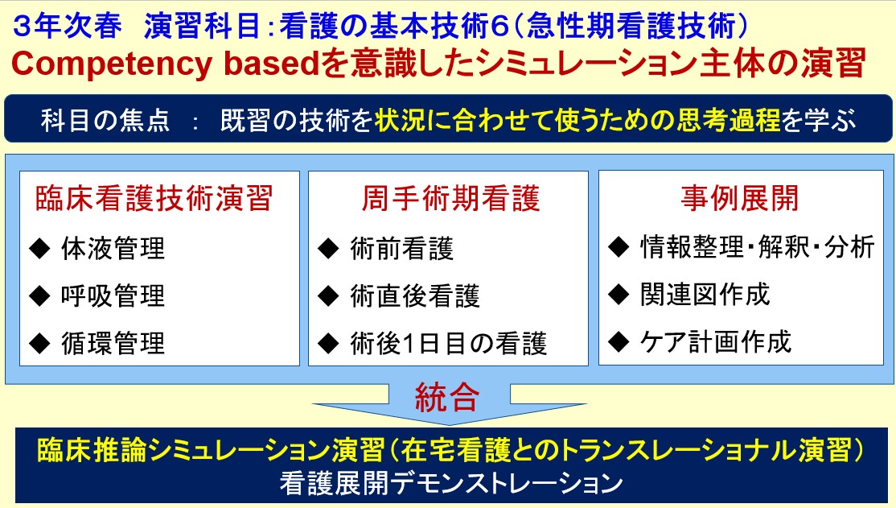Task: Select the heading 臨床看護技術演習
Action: (x=154, y=199)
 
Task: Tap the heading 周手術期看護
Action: (x=451, y=199)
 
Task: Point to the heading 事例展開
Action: (x=739, y=199)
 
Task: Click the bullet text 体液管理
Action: (x=113, y=248)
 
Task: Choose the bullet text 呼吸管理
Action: (x=113, y=295)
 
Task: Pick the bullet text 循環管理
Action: (x=113, y=343)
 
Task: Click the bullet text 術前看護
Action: (x=401, y=248)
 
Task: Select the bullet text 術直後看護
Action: (x=415, y=295)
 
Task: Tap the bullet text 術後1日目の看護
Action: (x=449, y=343)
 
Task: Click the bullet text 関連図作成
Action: (x=705, y=295)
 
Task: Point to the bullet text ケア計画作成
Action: (x=716, y=342)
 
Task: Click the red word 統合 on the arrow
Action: (x=447, y=397)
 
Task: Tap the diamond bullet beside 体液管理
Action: (x=40, y=249)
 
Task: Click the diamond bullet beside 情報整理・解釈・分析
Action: (x=619, y=247)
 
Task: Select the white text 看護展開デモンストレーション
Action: (x=451, y=483)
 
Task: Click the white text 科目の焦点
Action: (x=105, y=121)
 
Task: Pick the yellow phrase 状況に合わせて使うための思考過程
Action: (x=577, y=120)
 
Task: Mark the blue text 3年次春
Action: (x=68, y=27)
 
